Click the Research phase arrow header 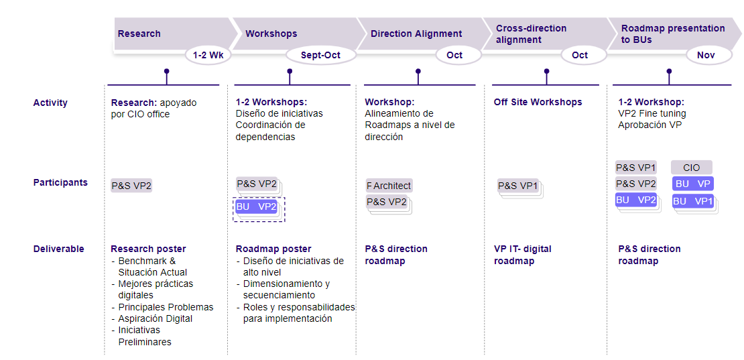click(x=139, y=34)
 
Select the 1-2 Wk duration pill click(x=208, y=55)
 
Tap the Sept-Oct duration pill click(x=320, y=55)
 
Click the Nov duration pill click(x=706, y=55)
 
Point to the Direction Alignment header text click(x=416, y=34)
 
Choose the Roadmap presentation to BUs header click(x=673, y=34)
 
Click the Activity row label click(x=50, y=103)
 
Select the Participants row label click(x=60, y=182)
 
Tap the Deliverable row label click(x=59, y=249)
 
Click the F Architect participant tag click(x=389, y=186)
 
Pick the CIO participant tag click(x=691, y=168)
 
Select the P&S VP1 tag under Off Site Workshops click(x=518, y=186)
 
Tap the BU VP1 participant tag click(x=692, y=201)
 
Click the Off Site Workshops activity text click(x=538, y=103)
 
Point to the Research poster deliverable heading click(x=148, y=249)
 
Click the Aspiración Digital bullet click(x=156, y=318)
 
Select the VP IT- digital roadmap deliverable click(x=523, y=255)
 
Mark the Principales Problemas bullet click(x=166, y=307)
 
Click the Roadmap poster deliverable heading click(x=273, y=249)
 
